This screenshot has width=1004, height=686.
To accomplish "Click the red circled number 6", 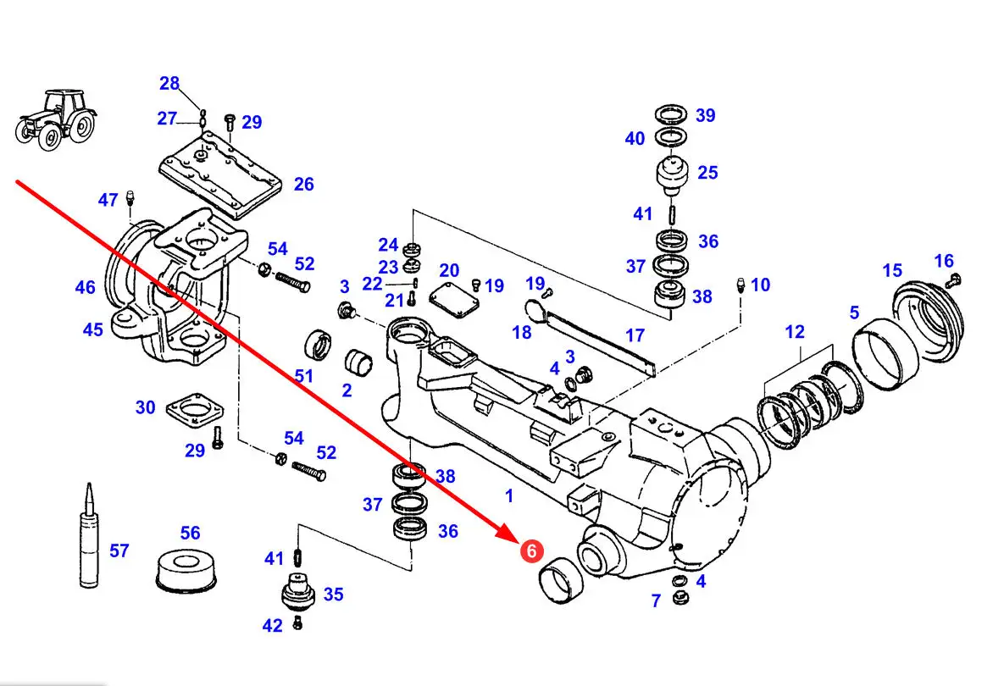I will [x=530, y=551].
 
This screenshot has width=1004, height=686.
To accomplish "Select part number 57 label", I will [x=119, y=551].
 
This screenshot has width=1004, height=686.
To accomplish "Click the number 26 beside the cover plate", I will [x=303, y=184].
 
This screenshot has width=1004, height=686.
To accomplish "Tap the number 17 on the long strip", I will [x=635, y=335].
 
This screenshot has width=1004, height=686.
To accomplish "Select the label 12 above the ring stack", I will [x=795, y=332].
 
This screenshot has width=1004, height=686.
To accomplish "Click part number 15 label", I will [x=892, y=270].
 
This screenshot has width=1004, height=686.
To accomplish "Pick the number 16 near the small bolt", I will [x=944, y=260].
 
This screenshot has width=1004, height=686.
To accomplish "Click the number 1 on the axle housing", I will [x=508, y=495].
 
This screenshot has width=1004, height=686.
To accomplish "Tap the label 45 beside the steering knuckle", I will [x=92, y=329].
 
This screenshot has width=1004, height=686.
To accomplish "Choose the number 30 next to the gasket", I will [x=146, y=407].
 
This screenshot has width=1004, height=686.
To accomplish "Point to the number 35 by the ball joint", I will [x=333, y=595].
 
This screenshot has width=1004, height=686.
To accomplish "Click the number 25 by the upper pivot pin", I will [x=707, y=172].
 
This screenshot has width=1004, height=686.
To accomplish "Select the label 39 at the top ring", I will [x=705, y=115].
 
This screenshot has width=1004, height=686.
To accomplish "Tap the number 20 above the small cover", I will [x=449, y=270].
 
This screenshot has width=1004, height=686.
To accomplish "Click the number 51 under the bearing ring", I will [x=304, y=375].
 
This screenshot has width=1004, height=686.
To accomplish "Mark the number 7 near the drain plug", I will [x=656, y=600].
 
